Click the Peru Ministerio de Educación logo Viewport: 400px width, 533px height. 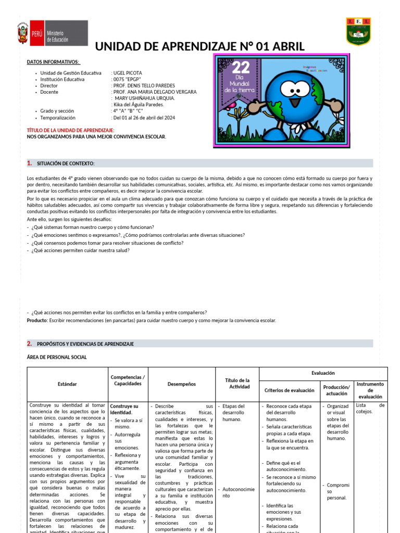[x=52, y=33]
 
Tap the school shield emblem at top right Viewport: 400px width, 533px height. [x=358, y=31]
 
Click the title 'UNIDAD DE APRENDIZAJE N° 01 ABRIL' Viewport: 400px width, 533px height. [x=199, y=46]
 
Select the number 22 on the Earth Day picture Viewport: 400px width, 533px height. [x=241, y=68]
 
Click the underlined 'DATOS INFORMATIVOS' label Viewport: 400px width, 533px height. [x=53, y=62]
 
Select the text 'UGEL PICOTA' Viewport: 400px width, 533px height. [x=127, y=73]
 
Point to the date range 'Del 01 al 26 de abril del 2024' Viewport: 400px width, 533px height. [x=144, y=118]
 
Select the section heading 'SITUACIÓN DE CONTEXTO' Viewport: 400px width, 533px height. [x=66, y=163]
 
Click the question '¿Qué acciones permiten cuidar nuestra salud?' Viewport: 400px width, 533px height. [x=80, y=250]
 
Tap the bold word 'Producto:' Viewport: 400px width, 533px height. [x=37, y=321]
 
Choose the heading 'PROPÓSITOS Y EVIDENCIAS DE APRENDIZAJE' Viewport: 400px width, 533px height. [x=85, y=344]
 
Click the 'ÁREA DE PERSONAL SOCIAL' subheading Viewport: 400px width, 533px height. [x=57, y=357]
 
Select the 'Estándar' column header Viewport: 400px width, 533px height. [x=67, y=384]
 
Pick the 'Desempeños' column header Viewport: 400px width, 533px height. [x=181, y=384]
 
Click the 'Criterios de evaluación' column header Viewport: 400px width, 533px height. [x=289, y=390]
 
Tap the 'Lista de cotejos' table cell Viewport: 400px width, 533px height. [x=370, y=408]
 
